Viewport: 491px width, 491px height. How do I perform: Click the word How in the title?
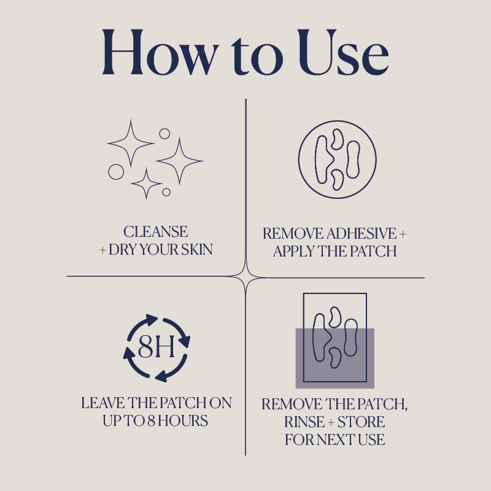(x=158, y=52)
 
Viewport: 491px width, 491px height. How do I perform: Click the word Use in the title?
(x=340, y=52)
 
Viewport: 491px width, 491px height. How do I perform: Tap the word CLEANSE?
(x=156, y=232)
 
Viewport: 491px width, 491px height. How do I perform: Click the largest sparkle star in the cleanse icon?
(x=179, y=161)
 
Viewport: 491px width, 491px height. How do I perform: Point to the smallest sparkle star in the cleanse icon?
(x=147, y=184)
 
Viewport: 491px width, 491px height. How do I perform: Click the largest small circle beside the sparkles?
(x=116, y=172)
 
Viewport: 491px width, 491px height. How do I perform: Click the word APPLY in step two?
(x=295, y=252)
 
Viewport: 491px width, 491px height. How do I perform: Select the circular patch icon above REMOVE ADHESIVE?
(x=337, y=159)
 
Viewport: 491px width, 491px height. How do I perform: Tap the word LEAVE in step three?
(x=101, y=403)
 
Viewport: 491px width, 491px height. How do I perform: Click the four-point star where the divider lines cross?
(x=245, y=277)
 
